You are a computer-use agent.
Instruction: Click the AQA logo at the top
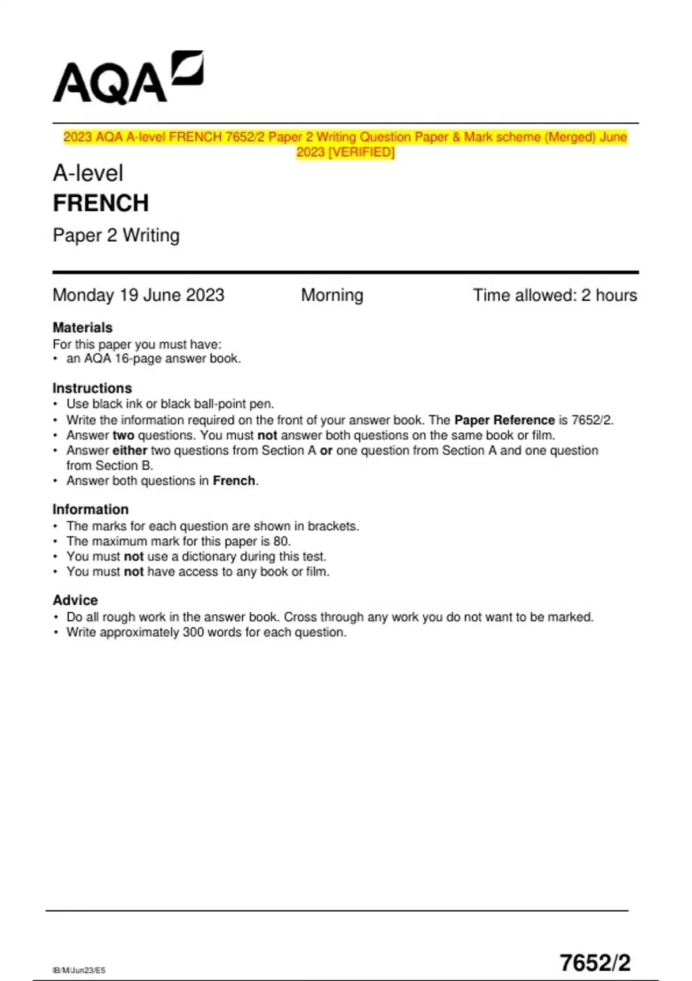(x=127, y=78)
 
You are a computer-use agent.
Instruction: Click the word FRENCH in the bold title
(x=101, y=203)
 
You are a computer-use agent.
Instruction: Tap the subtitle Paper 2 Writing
(x=116, y=235)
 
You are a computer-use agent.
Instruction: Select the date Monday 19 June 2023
(x=138, y=295)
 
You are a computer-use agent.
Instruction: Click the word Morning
(x=332, y=295)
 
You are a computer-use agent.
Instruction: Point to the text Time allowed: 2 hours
(x=555, y=295)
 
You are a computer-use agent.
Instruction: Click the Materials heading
(x=82, y=328)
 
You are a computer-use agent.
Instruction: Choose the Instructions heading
(x=92, y=388)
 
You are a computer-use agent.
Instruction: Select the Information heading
(x=91, y=510)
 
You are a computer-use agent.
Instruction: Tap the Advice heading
(x=76, y=600)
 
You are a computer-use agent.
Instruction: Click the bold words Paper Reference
(x=504, y=420)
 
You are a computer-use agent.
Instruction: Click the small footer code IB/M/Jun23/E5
(x=79, y=970)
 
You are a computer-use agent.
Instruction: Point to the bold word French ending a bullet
(x=234, y=481)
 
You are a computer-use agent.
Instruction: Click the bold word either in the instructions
(x=130, y=450)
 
